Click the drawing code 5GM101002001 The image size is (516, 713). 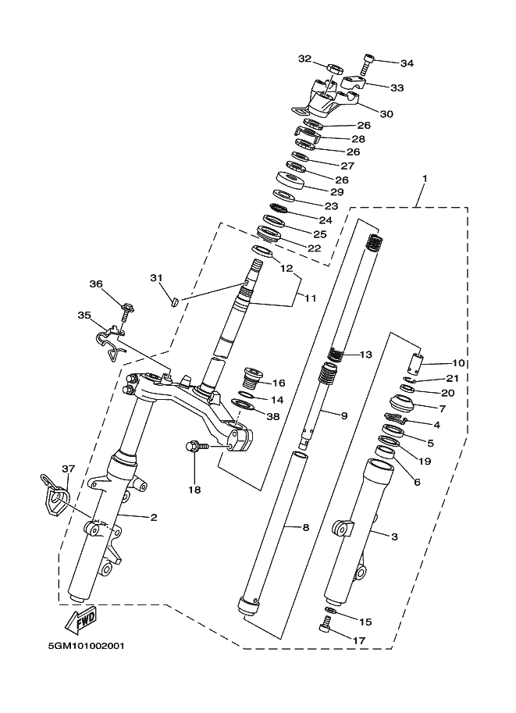(x=87, y=646)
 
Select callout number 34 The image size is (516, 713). (x=407, y=64)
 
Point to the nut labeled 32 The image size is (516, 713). (x=335, y=70)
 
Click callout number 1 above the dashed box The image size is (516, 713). (x=425, y=179)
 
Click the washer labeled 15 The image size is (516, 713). (x=331, y=610)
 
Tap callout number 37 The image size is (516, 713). (x=68, y=469)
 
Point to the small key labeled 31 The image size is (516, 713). (x=173, y=301)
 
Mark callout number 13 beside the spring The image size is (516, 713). (x=365, y=355)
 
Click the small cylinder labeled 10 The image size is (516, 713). (x=418, y=362)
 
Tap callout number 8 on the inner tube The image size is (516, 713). (x=305, y=527)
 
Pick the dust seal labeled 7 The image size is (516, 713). (x=401, y=403)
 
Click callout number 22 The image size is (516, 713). (x=315, y=248)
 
